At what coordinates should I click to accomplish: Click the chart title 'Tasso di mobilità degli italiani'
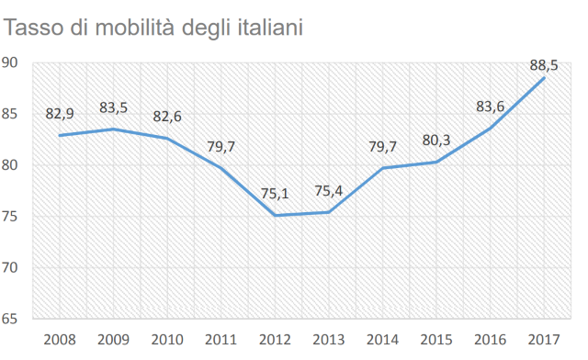pyautogui.click(x=154, y=28)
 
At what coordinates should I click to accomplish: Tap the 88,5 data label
pyautogui.click(x=545, y=64)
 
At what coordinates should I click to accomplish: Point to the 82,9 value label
pyautogui.click(x=60, y=114)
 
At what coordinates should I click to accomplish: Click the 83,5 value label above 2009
pyautogui.click(x=114, y=107)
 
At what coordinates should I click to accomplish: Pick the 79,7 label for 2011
pyautogui.click(x=221, y=146)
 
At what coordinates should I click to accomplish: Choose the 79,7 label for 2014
pyautogui.click(x=383, y=146)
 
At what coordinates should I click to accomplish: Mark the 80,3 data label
pyautogui.click(x=437, y=141)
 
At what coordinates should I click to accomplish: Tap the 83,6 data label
pyautogui.click(x=491, y=107)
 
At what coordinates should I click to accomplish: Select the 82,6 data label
pyautogui.click(x=167, y=117)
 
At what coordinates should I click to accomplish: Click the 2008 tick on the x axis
pyautogui.click(x=60, y=341)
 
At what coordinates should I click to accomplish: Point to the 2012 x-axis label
pyautogui.click(x=275, y=341)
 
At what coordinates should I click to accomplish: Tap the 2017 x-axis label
pyautogui.click(x=545, y=341)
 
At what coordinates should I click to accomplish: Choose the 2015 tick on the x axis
pyautogui.click(x=437, y=341)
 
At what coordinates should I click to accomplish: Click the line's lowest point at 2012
pyautogui.click(x=275, y=216)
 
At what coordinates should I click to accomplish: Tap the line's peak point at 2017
pyautogui.click(x=545, y=78)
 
